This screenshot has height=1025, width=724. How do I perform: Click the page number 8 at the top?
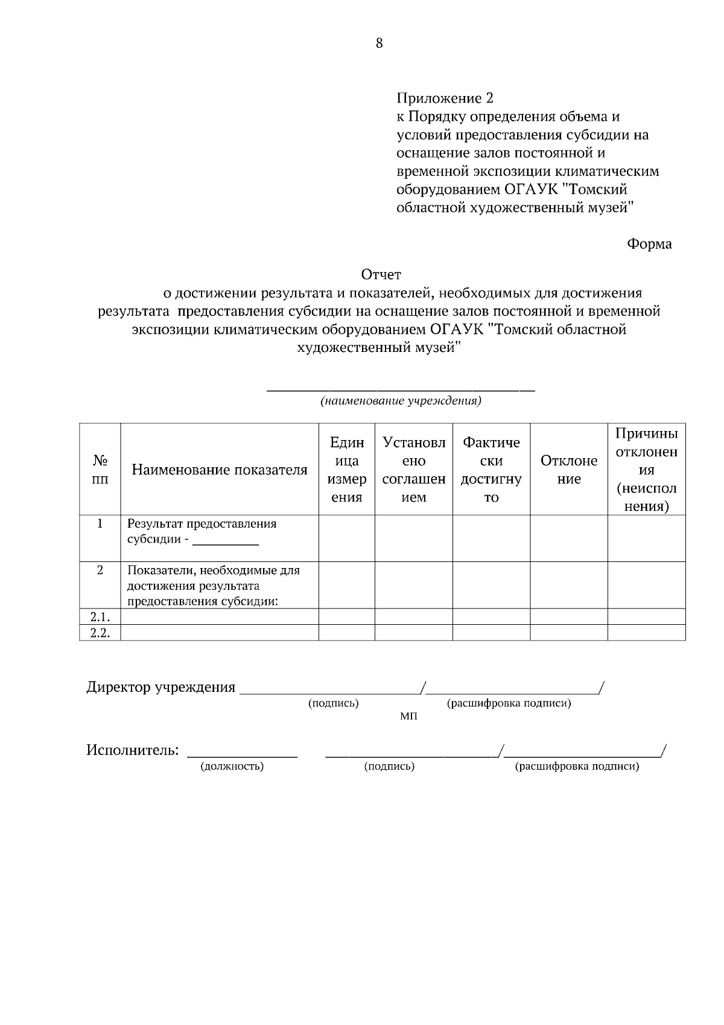[x=379, y=43]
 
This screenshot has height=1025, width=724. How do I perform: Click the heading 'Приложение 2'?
[x=445, y=98]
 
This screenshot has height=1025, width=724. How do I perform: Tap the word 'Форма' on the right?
[x=649, y=244]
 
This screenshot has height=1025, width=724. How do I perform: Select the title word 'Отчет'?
[x=381, y=275]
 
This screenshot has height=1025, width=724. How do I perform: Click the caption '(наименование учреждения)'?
[x=401, y=401]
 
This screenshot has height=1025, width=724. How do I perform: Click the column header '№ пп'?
[x=100, y=470]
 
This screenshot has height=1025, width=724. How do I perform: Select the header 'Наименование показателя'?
[x=220, y=470]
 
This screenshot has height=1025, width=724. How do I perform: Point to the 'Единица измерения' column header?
[x=347, y=470]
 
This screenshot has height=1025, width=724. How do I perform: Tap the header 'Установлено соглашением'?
[x=414, y=470]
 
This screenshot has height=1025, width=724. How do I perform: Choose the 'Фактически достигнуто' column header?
[x=491, y=470]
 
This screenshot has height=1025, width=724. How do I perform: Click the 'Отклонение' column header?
[x=569, y=470]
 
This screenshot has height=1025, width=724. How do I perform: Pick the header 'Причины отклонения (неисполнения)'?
[x=646, y=470]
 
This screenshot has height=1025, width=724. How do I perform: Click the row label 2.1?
[x=100, y=617]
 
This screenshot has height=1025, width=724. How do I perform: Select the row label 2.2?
[x=100, y=633]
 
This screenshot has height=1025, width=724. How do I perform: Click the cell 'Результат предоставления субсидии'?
[x=202, y=531]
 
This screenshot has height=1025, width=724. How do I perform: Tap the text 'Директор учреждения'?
[x=160, y=688]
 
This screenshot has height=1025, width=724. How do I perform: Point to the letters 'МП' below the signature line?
[x=408, y=717]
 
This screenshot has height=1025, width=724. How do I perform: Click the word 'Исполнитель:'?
[x=133, y=750]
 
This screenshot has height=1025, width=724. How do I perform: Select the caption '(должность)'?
[x=232, y=767]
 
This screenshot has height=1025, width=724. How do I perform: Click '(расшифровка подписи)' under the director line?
[x=509, y=703]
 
